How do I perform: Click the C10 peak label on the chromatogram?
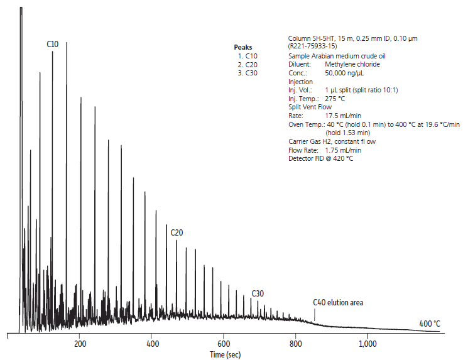point(53,44)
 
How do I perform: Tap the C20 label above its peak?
point(177,232)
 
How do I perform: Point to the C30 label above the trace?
point(258,293)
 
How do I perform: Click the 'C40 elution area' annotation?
point(338,303)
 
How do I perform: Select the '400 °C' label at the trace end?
point(430,324)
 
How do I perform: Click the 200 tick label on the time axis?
point(80,344)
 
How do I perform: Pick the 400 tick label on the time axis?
point(153,344)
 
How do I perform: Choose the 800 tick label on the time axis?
point(296,344)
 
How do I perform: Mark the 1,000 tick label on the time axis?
point(367,344)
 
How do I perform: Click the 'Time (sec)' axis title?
point(226,355)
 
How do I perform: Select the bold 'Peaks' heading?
point(242,47)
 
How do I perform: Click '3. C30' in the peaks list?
point(248,73)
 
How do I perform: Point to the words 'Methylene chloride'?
point(352,64)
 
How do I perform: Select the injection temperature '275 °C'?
point(335,99)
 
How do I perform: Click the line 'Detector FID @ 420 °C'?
point(320,158)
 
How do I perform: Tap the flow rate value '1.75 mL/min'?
point(343,150)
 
